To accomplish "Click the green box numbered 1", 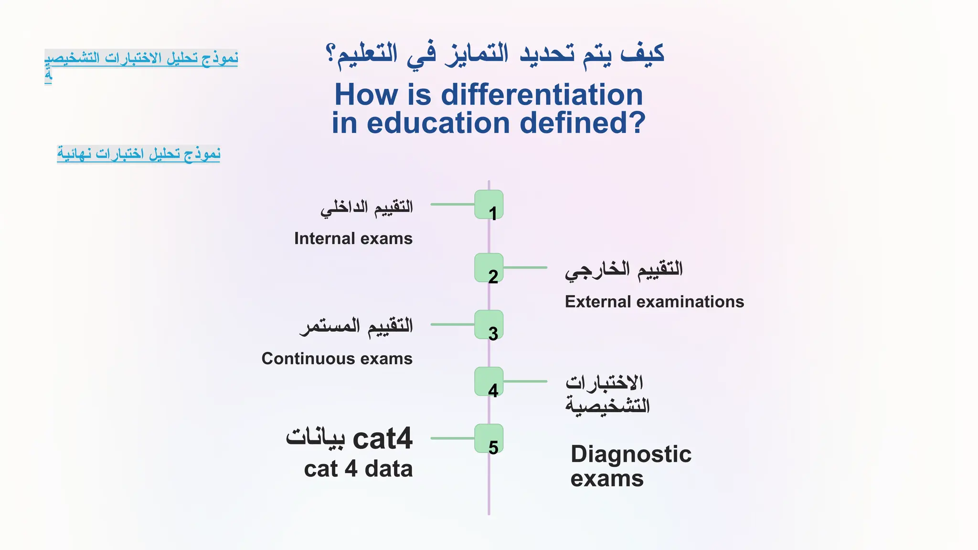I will point(489,205).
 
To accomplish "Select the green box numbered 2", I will point(489,268).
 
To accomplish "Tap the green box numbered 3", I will point(489,325).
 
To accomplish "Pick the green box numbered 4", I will point(489,381).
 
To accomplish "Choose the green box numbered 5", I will point(489,438).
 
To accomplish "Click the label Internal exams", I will point(353,238).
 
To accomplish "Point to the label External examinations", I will point(654,302).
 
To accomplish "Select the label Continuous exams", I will point(337,359).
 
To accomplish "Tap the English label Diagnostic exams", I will point(630,466).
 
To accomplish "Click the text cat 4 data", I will point(358,469).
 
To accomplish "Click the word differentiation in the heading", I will point(542,95).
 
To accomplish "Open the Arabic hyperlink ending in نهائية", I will point(138,154).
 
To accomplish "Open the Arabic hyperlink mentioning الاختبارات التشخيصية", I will point(141,58).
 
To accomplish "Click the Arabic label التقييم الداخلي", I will point(366,208).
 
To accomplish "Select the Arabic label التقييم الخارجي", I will point(624,270).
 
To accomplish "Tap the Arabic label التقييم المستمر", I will point(356,327).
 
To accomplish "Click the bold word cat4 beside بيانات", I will point(382,438).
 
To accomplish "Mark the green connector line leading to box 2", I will point(525,268).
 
